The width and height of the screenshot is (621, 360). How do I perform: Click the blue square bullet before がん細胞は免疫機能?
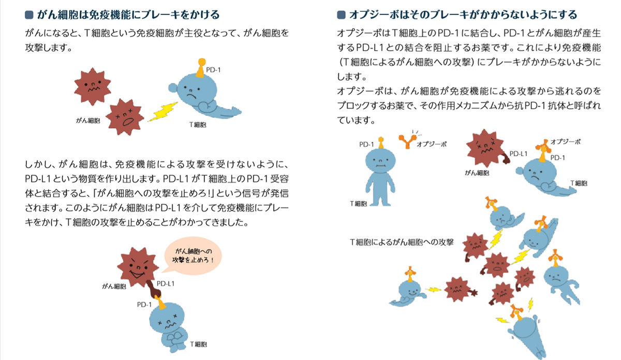click(29, 14)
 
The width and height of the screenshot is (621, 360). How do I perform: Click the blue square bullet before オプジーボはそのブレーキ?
click(341, 14)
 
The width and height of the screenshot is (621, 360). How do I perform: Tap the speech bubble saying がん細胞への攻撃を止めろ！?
click(193, 256)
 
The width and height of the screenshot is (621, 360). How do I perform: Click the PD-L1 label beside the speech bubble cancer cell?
click(166, 283)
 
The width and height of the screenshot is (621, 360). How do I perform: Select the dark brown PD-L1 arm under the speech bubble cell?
click(154, 289)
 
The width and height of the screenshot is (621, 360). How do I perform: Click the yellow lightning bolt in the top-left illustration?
click(162, 112)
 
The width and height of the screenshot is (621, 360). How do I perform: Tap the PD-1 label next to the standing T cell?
click(366, 144)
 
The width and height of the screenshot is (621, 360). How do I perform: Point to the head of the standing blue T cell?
click(380, 161)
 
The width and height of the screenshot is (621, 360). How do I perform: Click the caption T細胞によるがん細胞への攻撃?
click(402, 242)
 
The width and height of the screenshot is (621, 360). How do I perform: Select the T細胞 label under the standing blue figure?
click(359, 204)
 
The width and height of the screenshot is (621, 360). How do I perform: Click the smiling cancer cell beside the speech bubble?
click(138, 267)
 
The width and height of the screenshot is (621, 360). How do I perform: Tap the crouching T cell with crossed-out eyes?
click(168, 327)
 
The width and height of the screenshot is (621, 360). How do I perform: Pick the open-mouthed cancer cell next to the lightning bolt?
click(125, 117)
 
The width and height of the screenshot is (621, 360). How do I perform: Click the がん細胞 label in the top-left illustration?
click(88, 121)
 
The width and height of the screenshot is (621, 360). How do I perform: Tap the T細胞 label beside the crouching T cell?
click(199, 344)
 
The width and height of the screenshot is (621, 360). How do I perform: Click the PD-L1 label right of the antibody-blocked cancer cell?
click(519, 154)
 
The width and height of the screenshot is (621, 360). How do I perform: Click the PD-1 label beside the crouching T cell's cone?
click(144, 305)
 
